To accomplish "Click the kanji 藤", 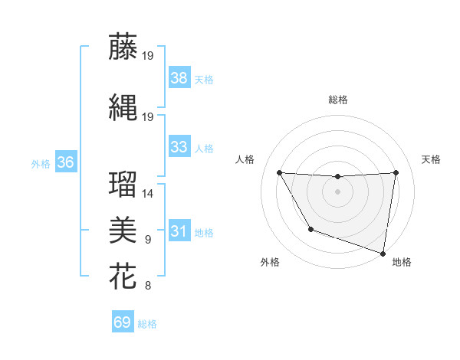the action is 123,47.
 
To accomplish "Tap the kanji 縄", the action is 123,106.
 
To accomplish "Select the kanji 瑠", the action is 123,185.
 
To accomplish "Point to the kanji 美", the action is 123,230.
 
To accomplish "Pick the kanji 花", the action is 123,276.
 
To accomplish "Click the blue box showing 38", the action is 179,77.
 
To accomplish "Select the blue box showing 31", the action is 179,231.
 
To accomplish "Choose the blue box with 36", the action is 65,162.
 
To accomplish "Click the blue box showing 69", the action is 123,322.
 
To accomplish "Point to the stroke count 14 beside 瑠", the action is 148,194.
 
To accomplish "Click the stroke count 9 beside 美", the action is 148,240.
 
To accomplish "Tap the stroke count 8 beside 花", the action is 148,286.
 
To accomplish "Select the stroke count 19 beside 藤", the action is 148,56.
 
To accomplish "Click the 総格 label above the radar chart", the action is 337,100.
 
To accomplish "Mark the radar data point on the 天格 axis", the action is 396,172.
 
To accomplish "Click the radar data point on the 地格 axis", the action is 382,252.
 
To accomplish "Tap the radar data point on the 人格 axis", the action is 279,172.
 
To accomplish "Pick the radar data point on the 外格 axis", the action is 310,229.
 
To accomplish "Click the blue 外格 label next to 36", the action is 41,163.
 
